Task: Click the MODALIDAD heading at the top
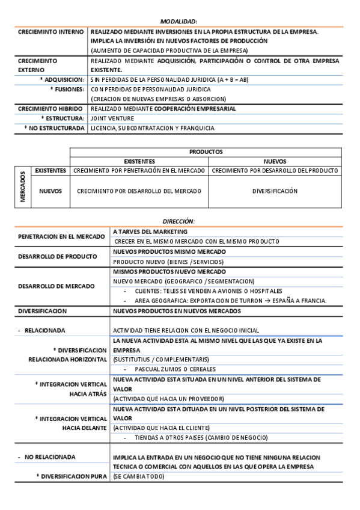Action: click(x=180, y=21)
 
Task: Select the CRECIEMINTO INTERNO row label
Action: click(x=51, y=31)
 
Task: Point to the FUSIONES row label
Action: click(x=67, y=89)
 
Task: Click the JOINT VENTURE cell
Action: click(x=112, y=118)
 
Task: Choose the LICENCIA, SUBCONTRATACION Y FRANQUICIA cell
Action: click(x=152, y=128)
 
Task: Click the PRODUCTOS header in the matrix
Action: click(x=206, y=152)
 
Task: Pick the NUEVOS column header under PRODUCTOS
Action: click(x=275, y=161)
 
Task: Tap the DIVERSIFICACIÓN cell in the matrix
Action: click(x=275, y=191)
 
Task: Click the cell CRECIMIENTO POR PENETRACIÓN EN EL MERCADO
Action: click(x=139, y=171)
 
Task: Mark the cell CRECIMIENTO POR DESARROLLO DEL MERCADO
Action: click(x=139, y=191)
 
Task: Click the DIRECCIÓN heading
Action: click(x=178, y=221)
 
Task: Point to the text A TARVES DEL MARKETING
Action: click(x=150, y=232)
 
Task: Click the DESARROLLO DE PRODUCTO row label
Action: click(x=57, y=256)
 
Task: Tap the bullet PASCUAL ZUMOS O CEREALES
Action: click(x=175, y=369)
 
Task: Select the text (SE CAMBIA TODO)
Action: click(x=138, y=476)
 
